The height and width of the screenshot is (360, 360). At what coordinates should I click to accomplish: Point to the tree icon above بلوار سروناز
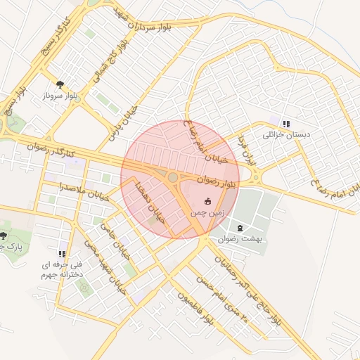[60, 82]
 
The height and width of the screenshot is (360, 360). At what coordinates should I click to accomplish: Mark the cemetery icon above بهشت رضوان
[242, 228]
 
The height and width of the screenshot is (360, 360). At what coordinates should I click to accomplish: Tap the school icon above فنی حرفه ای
[62, 254]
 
